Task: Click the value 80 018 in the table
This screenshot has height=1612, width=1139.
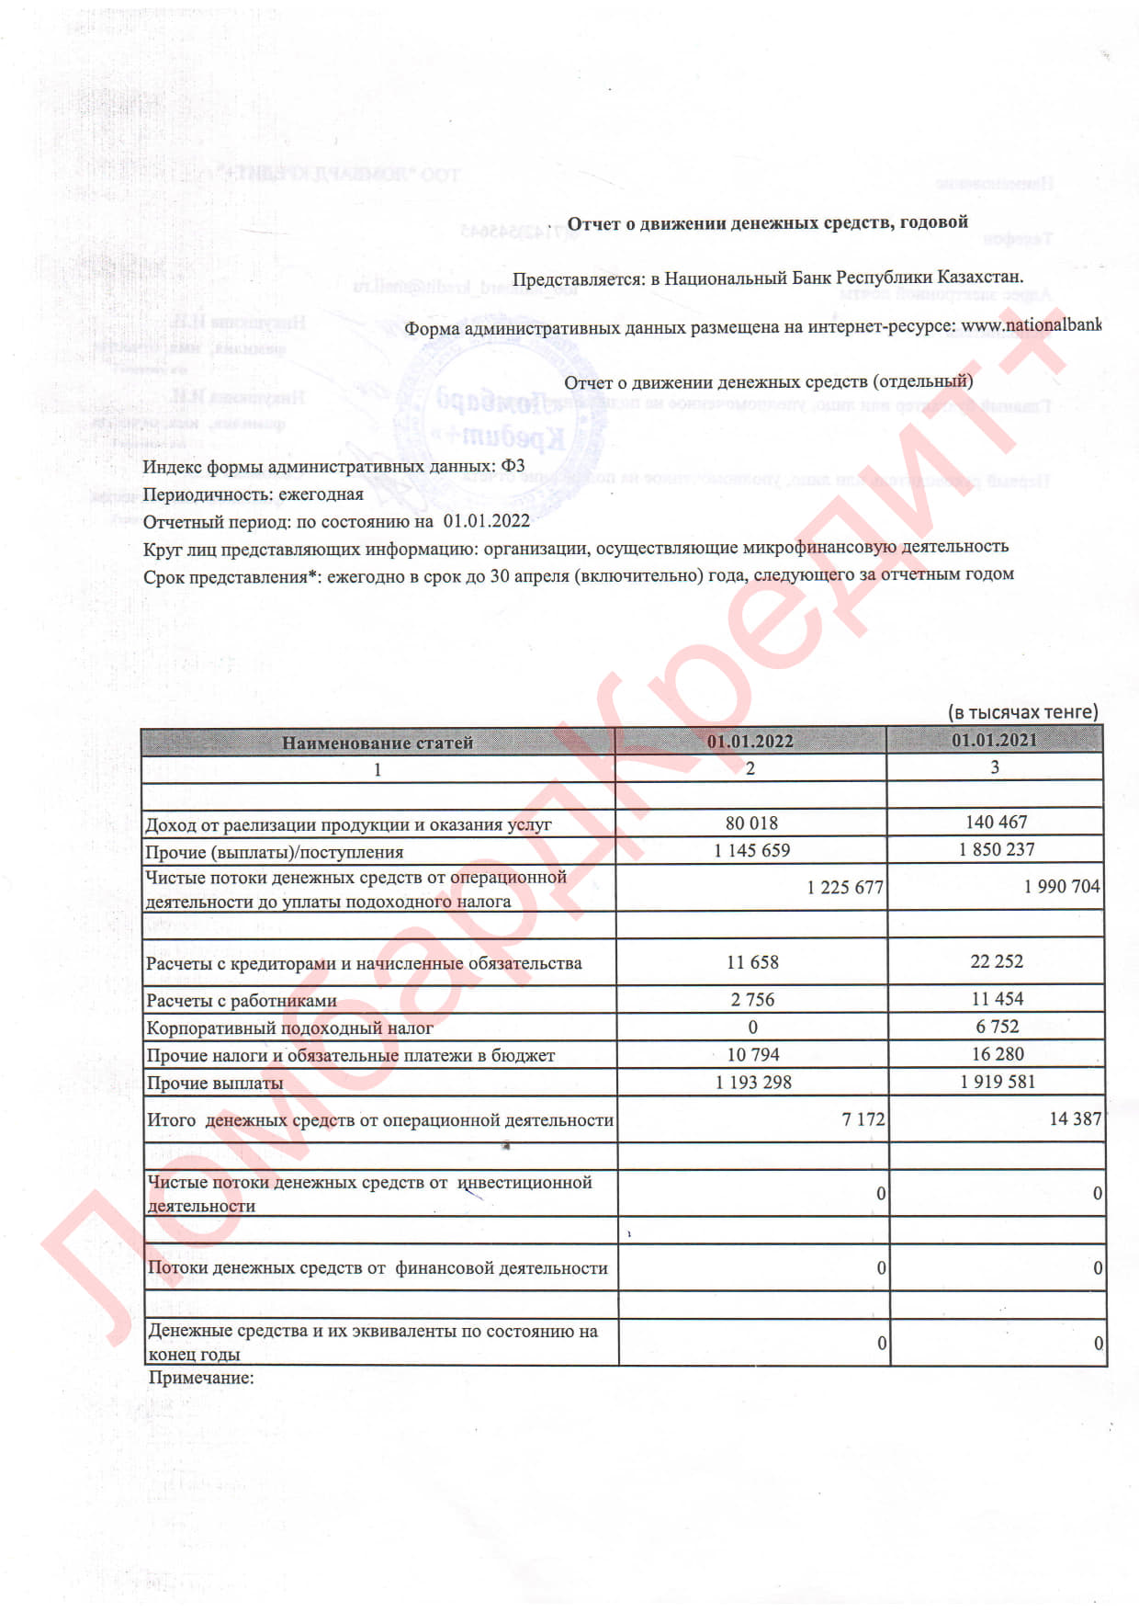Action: (751, 823)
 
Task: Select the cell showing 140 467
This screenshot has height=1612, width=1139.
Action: (996, 823)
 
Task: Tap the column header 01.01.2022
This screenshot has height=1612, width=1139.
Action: (750, 742)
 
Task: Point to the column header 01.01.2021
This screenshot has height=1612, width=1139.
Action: (994, 741)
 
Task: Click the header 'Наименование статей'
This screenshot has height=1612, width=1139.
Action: (377, 743)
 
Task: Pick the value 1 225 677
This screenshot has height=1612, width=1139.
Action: (845, 888)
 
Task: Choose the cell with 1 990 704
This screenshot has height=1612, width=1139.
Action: (1062, 887)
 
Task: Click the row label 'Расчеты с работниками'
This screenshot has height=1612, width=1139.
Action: (242, 1001)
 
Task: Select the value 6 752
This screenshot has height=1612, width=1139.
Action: (997, 1027)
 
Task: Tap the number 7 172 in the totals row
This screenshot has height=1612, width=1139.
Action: (863, 1119)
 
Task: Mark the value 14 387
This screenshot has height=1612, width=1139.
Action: (1075, 1118)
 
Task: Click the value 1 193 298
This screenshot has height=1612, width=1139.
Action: (753, 1083)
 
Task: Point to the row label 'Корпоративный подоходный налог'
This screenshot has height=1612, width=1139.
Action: (289, 1028)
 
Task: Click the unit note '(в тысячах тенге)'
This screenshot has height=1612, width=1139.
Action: (1022, 712)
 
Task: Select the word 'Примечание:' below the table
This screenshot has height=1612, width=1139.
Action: (201, 1378)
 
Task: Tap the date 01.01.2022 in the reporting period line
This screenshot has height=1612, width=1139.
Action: (486, 521)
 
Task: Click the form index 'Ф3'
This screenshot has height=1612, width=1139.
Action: (513, 466)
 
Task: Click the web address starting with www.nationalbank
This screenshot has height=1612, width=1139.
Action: (1031, 325)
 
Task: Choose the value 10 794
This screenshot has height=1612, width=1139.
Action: (753, 1055)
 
